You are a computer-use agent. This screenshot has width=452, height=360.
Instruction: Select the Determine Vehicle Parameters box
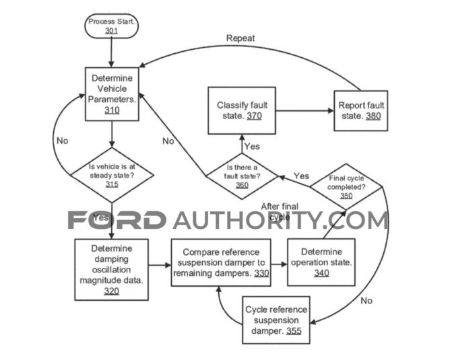tap(112, 94)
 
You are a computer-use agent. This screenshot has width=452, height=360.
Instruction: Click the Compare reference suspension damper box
tap(220, 262)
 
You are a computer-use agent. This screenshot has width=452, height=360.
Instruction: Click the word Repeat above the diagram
tap(240, 38)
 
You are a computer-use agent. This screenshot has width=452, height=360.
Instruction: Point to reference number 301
tap(111, 31)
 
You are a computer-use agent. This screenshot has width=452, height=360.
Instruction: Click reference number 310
tap(112, 110)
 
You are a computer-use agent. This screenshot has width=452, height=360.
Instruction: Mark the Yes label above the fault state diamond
tap(251, 146)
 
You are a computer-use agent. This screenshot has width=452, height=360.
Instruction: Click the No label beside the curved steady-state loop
tap(62, 141)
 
